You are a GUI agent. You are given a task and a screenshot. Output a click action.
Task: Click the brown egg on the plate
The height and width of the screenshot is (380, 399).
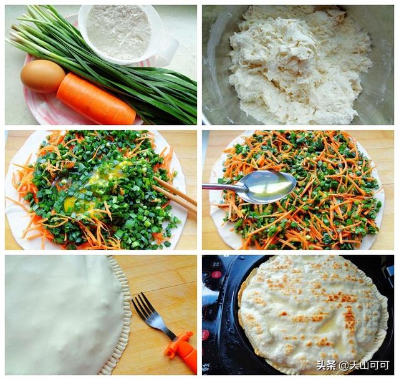pos(43,76)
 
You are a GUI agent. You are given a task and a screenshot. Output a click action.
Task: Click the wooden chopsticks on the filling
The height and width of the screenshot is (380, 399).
pos(175,195)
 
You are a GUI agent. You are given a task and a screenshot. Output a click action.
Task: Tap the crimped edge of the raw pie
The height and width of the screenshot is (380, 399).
pos(122,316)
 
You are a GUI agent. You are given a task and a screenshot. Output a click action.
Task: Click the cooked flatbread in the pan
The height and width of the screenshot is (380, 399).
pos(313,313)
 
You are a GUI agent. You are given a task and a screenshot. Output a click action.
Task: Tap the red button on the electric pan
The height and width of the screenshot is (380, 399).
pos(216,275)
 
